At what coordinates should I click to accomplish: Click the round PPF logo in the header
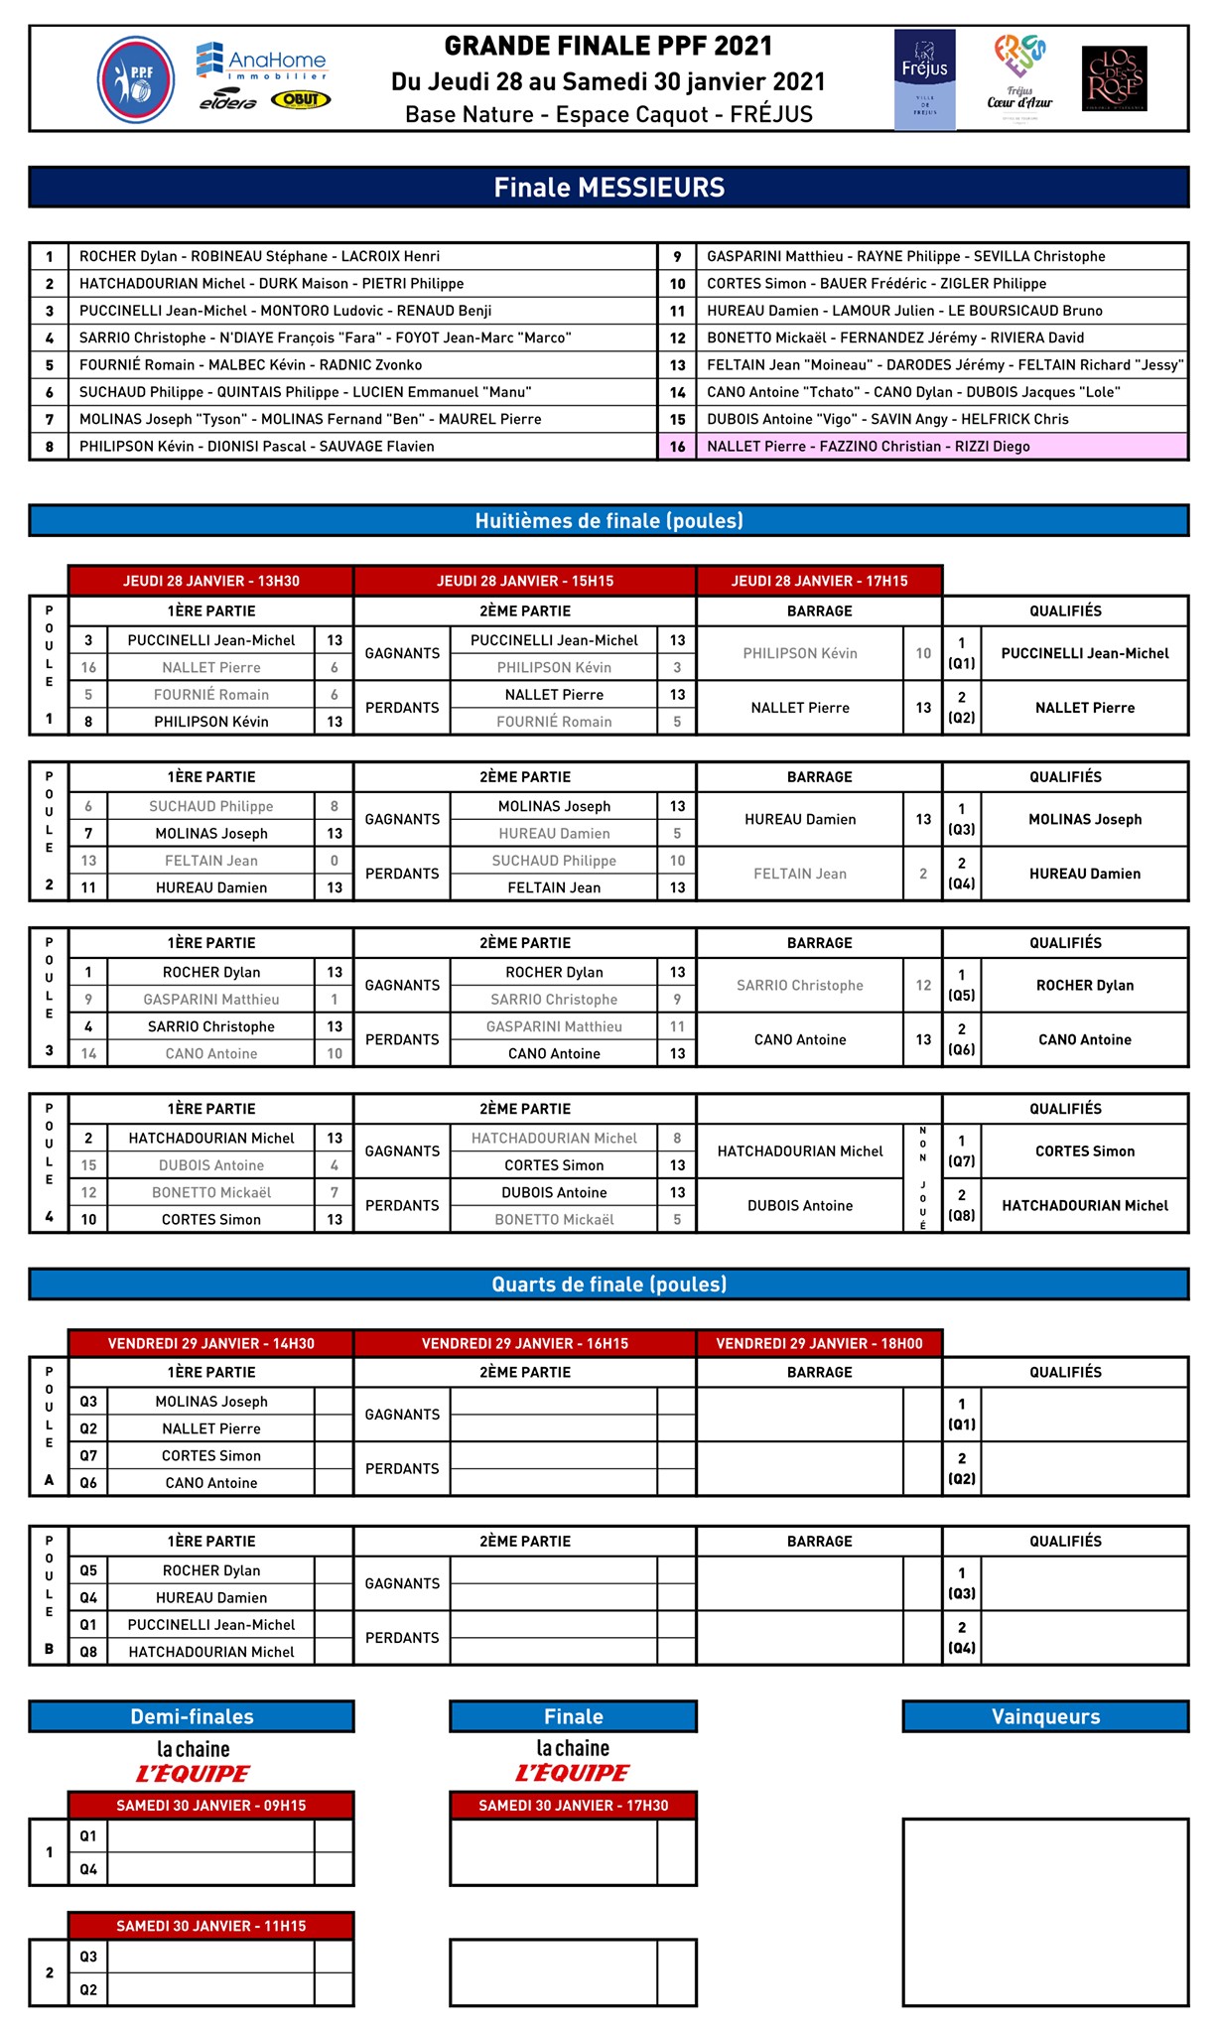point(136,79)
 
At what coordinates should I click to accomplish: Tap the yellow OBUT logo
point(300,99)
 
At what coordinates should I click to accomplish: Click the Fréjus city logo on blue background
point(924,79)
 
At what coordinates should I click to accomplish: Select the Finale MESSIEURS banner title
point(608,188)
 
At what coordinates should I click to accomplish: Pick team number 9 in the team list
point(677,256)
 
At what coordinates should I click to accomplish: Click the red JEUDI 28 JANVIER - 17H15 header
point(819,581)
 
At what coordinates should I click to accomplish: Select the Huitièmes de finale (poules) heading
point(608,521)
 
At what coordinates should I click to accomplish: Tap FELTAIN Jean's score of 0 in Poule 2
point(335,861)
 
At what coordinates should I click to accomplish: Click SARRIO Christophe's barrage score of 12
point(923,986)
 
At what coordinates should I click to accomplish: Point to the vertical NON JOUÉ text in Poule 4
point(923,1178)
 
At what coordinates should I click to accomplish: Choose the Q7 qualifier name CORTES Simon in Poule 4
point(1085,1152)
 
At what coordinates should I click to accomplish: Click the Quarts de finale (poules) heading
point(608,1285)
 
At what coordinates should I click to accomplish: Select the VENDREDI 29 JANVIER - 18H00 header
point(819,1343)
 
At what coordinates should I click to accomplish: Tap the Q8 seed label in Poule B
point(88,1652)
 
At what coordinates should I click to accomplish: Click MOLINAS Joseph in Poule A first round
point(211,1402)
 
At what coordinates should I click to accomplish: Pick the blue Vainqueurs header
point(1045,1717)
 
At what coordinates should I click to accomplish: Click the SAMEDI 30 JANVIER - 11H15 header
point(210,1926)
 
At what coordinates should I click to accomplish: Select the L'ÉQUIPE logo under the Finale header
point(573,1773)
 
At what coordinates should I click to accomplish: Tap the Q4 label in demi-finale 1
point(88,1869)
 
